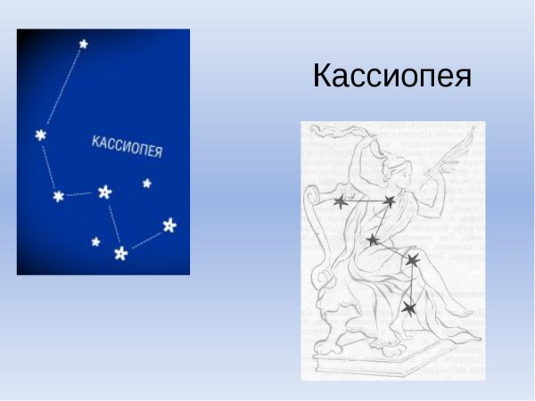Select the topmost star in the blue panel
click(x=83, y=43)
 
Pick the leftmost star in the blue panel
click(x=40, y=135)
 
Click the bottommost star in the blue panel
click(x=120, y=254)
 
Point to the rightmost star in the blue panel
click(x=169, y=225)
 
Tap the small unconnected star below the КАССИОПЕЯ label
click(x=146, y=184)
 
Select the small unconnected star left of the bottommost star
click(x=95, y=241)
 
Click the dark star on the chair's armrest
click(x=340, y=203)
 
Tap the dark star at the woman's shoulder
click(x=389, y=203)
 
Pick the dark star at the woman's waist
click(x=373, y=240)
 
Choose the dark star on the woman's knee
click(x=412, y=260)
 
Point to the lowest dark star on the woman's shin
click(x=408, y=308)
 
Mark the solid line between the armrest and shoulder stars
click(x=364, y=203)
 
